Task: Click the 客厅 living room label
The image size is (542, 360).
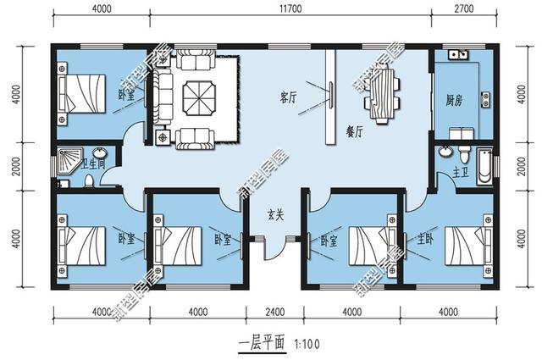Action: click(287, 97)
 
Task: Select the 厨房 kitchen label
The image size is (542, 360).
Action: click(453, 99)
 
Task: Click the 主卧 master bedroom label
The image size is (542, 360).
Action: click(423, 239)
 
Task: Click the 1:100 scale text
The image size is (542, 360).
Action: click(307, 344)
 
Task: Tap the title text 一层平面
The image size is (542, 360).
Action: click(261, 344)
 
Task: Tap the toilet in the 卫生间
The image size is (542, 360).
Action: click(89, 180)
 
